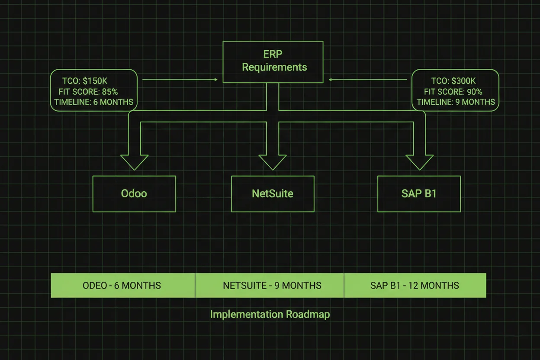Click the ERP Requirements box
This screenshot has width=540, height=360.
[273, 61]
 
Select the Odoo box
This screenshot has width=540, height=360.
[134, 193]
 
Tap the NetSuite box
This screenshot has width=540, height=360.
[273, 193]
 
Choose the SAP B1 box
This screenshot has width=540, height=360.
[419, 193]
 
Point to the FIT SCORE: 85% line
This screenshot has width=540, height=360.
[88, 92]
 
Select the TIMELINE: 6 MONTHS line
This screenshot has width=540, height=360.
[94, 103]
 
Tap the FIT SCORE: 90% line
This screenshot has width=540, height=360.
[453, 92]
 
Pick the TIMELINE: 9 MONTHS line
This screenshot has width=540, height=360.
[456, 103]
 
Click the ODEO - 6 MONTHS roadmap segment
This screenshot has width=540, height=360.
[122, 286]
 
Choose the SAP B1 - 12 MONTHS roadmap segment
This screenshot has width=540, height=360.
[415, 286]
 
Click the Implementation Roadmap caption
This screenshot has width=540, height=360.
[270, 314]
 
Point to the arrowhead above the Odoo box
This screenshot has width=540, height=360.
[134, 162]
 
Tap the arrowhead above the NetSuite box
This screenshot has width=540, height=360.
[273, 162]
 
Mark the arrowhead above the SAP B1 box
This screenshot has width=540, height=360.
[419, 162]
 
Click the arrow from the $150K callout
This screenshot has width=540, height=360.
[180, 80]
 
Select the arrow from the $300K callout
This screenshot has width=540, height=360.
[368, 80]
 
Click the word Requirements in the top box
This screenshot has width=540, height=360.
[274, 67]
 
